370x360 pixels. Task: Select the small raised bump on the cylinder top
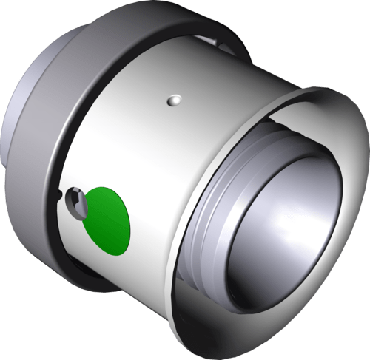coord(175,98)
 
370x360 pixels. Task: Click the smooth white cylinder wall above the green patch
coord(133,148)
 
